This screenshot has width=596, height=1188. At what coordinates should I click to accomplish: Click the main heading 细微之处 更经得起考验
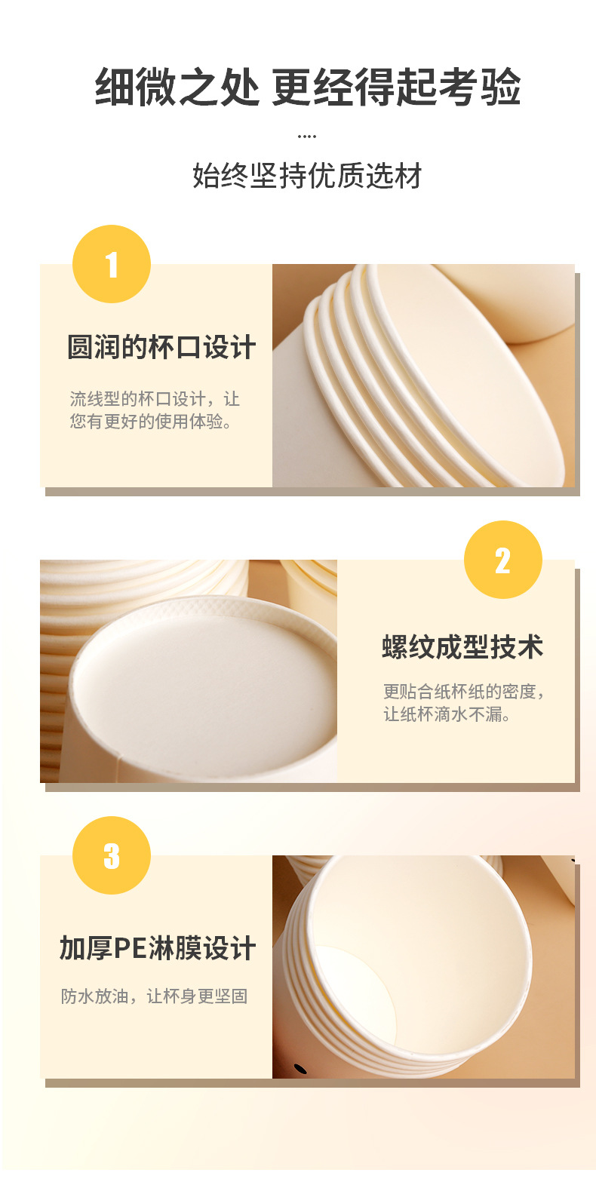(x=307, y=87)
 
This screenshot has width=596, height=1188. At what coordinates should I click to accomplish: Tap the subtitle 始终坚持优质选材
(x=307, y=176)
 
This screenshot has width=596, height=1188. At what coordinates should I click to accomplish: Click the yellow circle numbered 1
(x=112, y=264)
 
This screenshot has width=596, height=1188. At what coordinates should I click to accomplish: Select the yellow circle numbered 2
(x=502, y=560)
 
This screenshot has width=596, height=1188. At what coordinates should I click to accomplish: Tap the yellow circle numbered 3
(x=112, y=855)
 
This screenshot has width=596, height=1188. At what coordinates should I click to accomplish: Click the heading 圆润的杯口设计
(x=161, y=348)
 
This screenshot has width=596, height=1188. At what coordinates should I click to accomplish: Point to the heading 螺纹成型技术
(x=462, y=647)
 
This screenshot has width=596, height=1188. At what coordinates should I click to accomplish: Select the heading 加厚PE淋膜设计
(x=158, y=948)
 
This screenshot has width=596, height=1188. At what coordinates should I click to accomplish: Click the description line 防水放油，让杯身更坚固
(x=154, y=996)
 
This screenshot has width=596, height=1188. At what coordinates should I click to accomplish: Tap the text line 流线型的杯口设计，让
(x=154, y=398)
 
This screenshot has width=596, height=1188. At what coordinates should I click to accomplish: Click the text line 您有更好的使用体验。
(x=151, y=421)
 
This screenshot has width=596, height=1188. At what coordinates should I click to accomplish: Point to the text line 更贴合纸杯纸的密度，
(x=463, y=691)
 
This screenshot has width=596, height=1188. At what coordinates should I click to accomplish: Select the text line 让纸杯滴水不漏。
(x=447, y=714)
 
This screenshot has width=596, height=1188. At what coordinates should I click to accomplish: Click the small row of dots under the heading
(x=307, y=137)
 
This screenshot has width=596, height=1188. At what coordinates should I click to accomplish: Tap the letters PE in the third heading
(x=130, y=948)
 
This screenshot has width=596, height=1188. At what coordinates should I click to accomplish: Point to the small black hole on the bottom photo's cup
(x=300, y=1068)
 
